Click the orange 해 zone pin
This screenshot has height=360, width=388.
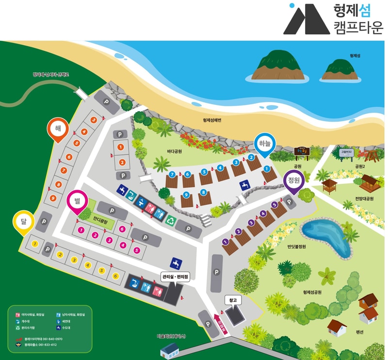click(x=58, y=130)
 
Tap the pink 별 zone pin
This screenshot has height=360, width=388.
click(x=77, y=200)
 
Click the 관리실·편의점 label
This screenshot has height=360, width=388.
click(x=175, y=277)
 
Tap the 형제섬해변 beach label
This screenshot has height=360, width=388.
click(x=212, y=120)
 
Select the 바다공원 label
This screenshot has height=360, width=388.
click(x=174, y=151)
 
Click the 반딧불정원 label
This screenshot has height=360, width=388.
click(x=296, y=246)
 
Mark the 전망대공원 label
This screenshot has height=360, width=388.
click(x=364, y=198)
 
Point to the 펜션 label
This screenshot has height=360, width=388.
click(x=359, y=333)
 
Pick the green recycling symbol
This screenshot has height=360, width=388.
click(x=171, y=221)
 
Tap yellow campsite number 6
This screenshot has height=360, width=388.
click(x=115, y=276)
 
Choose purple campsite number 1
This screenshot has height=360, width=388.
click(x=225, y=241)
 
